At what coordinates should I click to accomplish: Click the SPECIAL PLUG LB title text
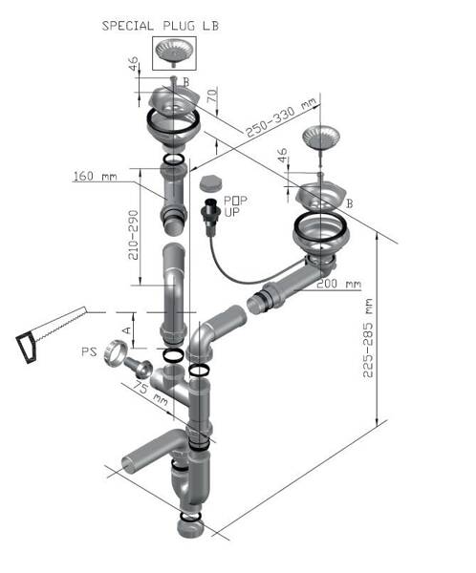pos(161,26)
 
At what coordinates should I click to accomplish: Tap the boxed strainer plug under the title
pos(174,53)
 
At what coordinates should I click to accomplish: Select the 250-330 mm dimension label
pos(280,118)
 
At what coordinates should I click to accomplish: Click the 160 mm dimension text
pos(96,177)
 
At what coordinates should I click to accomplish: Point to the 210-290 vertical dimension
pos(134,235)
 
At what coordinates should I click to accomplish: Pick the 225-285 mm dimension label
pos(367,338)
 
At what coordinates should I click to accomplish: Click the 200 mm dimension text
pos(338,284)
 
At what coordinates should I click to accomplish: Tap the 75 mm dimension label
pos(150,393)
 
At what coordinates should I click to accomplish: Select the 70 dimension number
pos(212,95)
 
